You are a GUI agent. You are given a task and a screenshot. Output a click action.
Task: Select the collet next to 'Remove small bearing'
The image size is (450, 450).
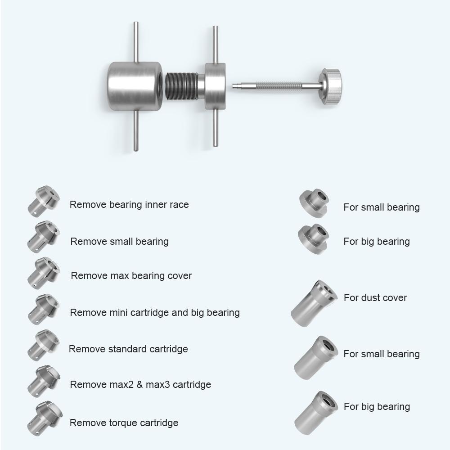(43, 237)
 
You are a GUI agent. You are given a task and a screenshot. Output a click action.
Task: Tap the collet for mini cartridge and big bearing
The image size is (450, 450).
(43, 309)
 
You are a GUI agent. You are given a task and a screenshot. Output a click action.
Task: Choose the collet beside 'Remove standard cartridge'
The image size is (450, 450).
(43, 345)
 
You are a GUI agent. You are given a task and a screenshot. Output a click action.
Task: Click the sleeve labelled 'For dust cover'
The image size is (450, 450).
(313, 302)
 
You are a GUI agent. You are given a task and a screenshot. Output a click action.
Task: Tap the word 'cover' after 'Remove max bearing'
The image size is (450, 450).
(179, 276)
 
